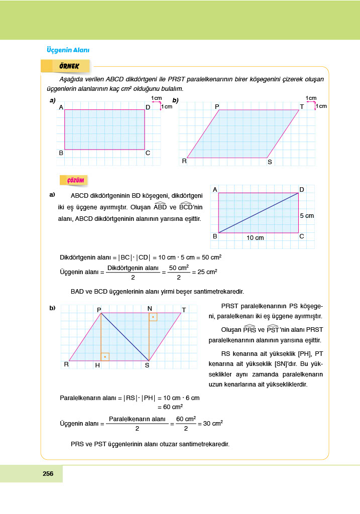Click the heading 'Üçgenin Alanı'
[67, 50]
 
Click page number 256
[48, 473]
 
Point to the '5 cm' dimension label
[307, 215]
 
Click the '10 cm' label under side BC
[255, 238]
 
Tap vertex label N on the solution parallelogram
[150, 308]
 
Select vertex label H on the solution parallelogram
[97, 365]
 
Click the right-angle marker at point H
[104, 357]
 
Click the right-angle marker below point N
[153, 317]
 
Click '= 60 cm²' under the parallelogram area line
[170, 407]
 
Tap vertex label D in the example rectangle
[148, 107]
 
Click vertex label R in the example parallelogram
[184, 161]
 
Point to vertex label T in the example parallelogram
[302, 107]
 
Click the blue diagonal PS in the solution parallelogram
[125, 337]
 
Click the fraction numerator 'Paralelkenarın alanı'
[137, 419]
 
